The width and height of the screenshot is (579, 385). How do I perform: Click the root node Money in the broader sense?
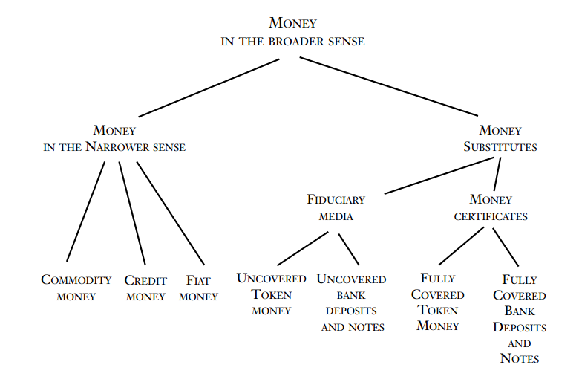(292, 32)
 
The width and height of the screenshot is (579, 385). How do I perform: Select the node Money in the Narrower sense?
(114, 138)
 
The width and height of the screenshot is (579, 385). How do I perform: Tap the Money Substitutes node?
(500, 138)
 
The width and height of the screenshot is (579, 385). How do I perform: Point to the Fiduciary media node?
(336, 208)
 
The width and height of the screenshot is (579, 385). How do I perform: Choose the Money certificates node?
(491, 208)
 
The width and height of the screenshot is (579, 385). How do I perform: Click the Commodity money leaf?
(76, 288)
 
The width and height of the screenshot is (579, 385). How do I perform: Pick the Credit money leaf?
(145, 288)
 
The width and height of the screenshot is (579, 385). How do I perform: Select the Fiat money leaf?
(198, 288)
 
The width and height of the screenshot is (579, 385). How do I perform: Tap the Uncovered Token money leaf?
(271, 294)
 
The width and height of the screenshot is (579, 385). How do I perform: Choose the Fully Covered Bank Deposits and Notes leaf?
(520, 319)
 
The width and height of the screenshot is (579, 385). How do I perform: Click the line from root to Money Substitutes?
(389, 86)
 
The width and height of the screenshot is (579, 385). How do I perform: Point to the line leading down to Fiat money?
(171, 213)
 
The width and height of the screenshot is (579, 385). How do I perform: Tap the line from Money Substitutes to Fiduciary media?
(438, 175)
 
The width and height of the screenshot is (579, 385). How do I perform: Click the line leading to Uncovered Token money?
(303, 248)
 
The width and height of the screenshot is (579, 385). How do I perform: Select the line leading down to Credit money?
(132, 213)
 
